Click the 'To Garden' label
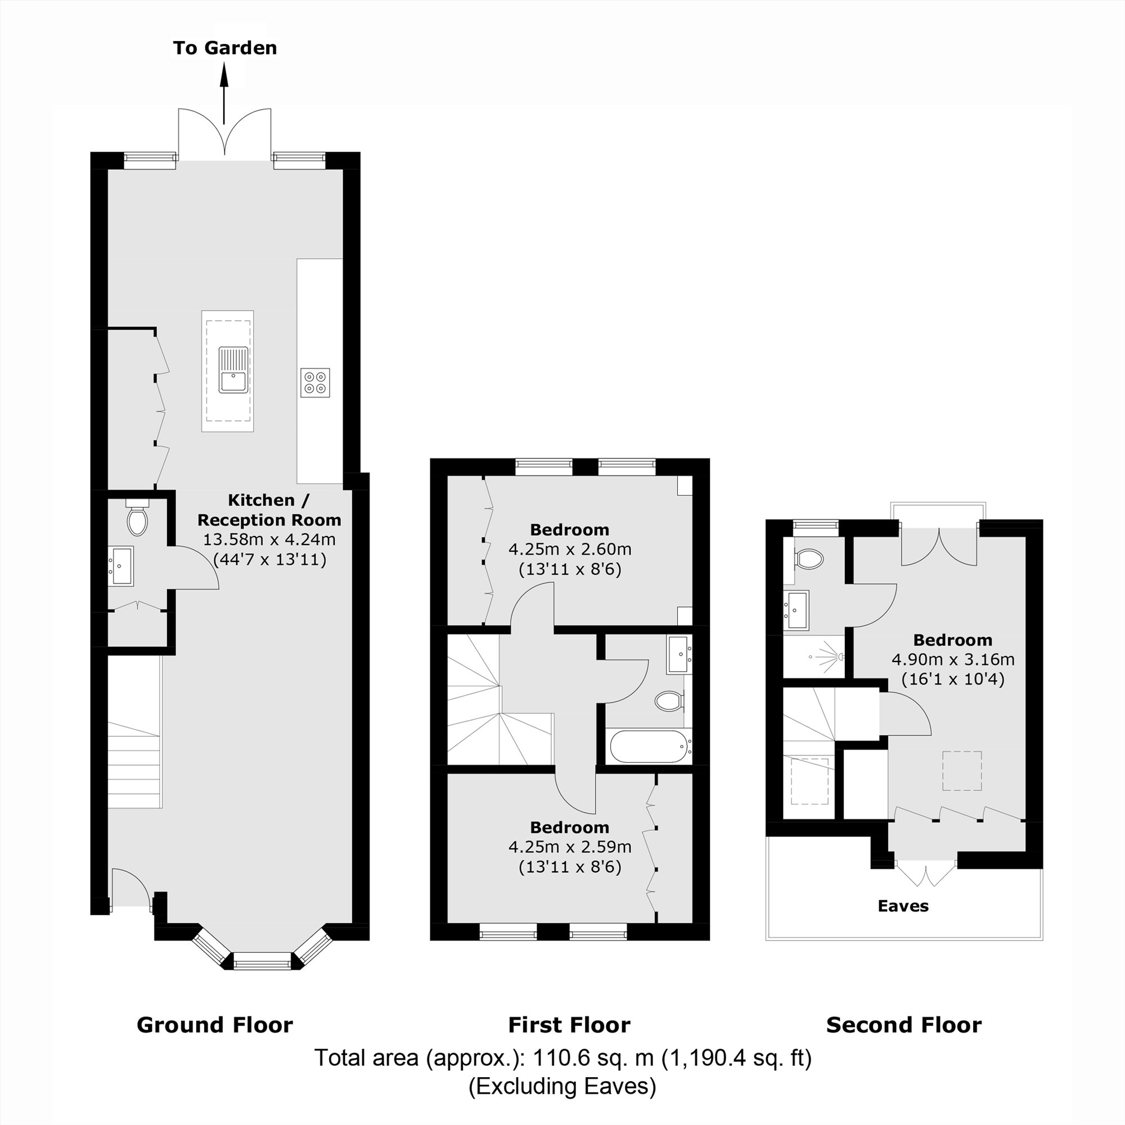click(225, 48)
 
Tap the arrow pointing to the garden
click(224, 93)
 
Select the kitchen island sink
click(233, 370)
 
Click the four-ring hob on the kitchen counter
click(315, 382)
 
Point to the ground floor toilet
click(137, 520)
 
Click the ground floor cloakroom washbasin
click(121, 565)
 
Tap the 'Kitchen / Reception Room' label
click(269, 510)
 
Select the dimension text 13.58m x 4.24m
click(269, 539)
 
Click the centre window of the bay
click(262, 960)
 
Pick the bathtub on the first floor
click(648, 746)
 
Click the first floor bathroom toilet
click(669, 701)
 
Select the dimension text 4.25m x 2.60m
click(569, 549)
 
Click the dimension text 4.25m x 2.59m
click(569, 847)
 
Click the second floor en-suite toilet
click(809, 560)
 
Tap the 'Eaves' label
click(903, 906)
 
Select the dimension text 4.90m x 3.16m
click(953, 659)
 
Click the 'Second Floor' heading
click(904, 1025)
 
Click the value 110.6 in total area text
click(557, 1058)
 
